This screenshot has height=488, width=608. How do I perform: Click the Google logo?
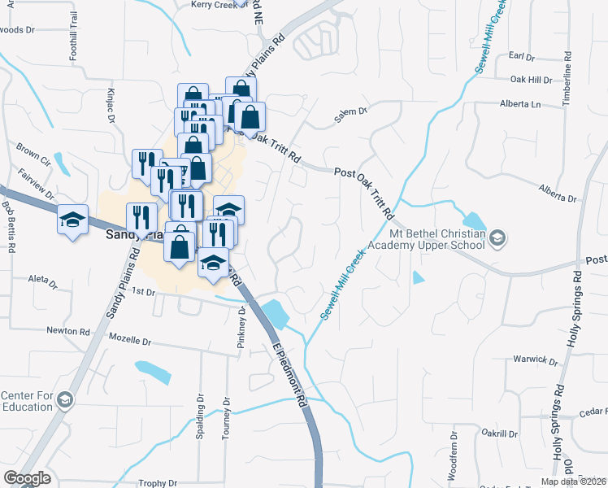click(x=27, y=478)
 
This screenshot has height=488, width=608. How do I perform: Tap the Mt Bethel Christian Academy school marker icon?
click(x=497, y=237)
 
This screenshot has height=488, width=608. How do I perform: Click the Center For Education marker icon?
click(x=66, y=400)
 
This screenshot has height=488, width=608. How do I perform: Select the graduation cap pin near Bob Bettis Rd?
click(x=72, y=220)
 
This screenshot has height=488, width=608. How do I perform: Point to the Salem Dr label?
click(x=351, y=116)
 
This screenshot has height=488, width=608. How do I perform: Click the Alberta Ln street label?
click(x=519, y=105)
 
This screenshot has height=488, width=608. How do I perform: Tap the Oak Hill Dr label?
click(x=531, y=80)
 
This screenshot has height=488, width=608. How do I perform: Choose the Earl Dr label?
click(x=520, y=57)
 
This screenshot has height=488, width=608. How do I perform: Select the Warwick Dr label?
click(x=532, y=359)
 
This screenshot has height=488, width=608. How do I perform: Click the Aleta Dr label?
click(x=42, y=282)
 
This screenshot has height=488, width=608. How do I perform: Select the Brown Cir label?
click(x=33, y=151)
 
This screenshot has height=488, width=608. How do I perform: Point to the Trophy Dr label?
click(x=157, y=483)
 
